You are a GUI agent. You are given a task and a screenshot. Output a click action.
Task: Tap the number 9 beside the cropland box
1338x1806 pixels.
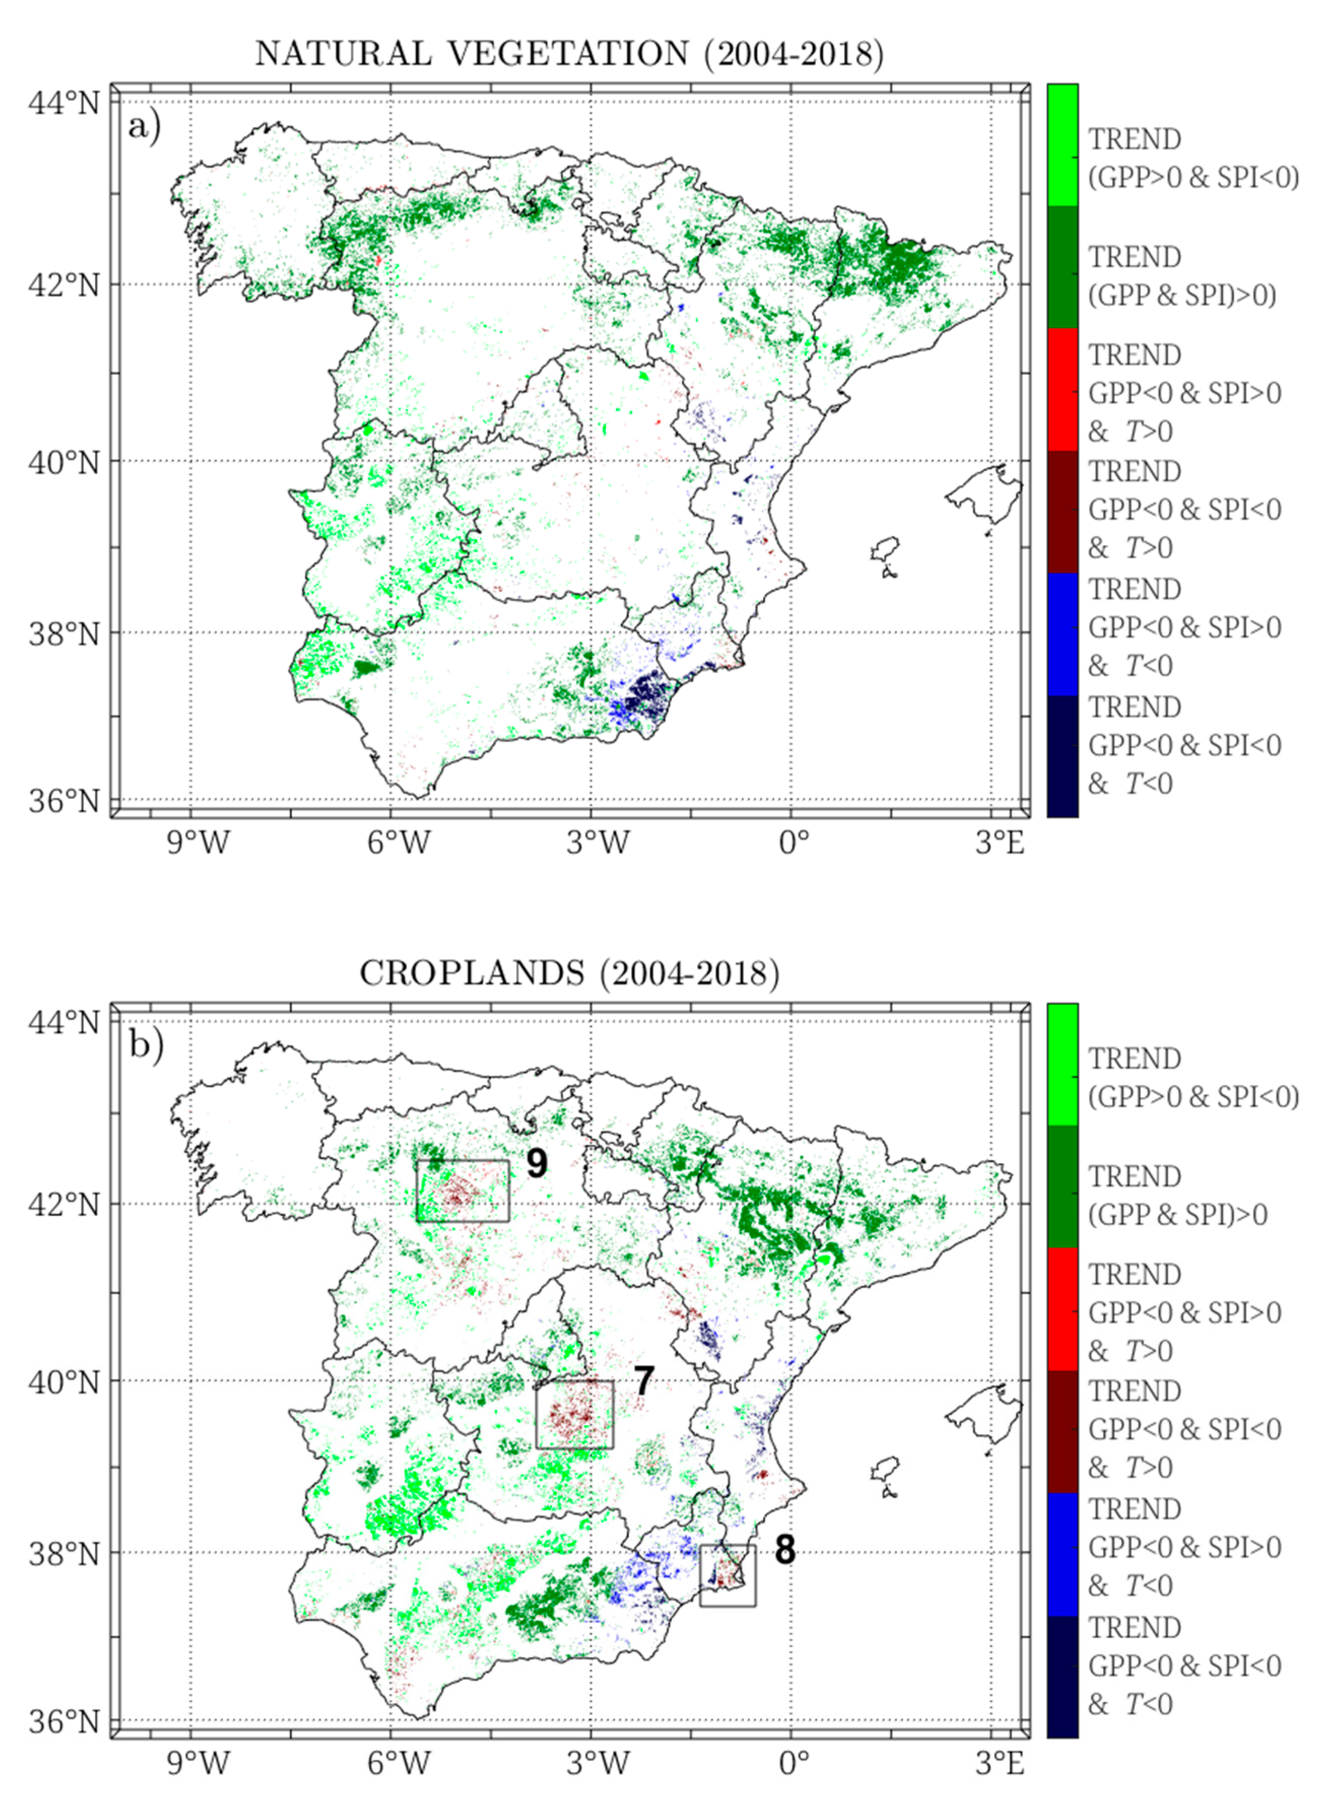click(536, 1164)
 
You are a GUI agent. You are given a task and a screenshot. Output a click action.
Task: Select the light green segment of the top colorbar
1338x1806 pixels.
click(1062, 146)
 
